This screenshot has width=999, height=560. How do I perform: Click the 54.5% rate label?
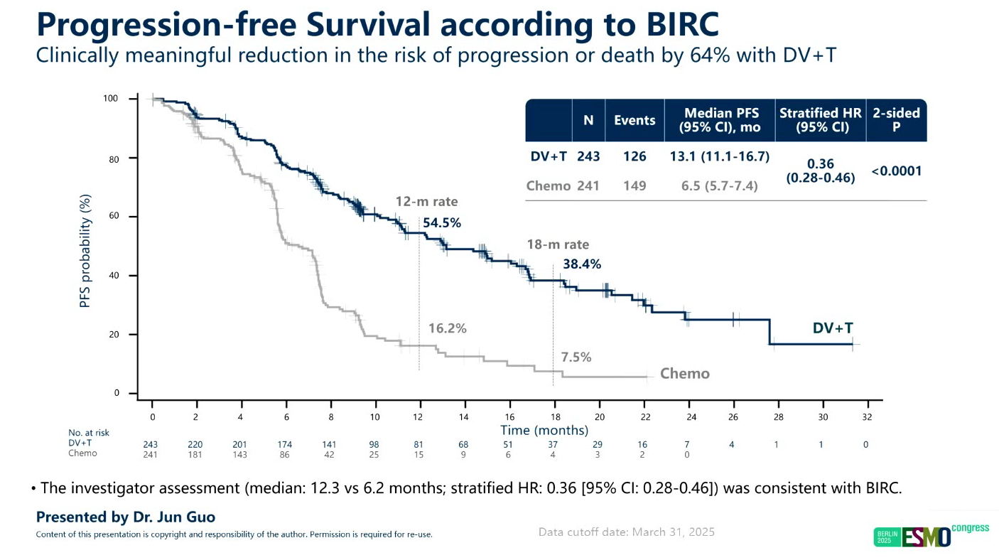click(x=442, y=223)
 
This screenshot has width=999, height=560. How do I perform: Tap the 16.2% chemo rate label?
click(x=447, y=328)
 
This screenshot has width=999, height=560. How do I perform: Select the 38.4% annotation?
click(x=582, y=264)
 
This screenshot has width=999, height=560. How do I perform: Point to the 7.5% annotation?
click(x=576, y=357)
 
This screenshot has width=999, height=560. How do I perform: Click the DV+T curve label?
click(x=833, y=328)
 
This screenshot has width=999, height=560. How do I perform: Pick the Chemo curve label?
click(x=685, y=374)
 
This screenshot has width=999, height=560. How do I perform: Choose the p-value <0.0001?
click(x=897, y=171)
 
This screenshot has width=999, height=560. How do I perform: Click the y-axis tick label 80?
click(x=113, y=158)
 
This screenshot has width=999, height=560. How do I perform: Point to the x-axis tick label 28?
click(x=778, y=416)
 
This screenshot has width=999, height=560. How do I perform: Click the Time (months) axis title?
click(x=544, y=430)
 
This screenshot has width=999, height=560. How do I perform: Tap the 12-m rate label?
click(x=426, y=202)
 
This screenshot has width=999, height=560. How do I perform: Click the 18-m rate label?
click(x=558, y=244)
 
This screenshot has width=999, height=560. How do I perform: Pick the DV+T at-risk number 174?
click(x=284, y=444)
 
